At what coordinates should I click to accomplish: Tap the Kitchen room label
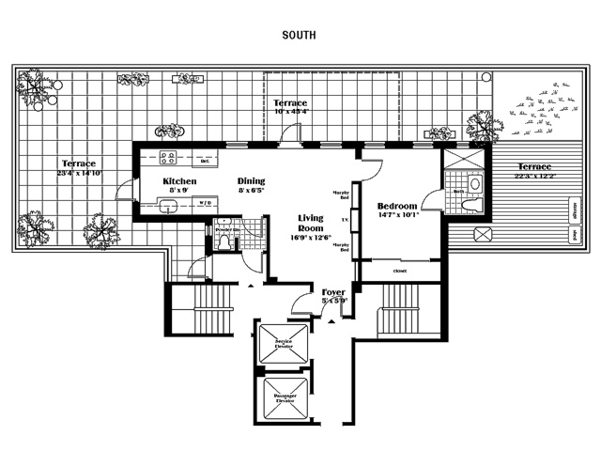[x=178, y=181]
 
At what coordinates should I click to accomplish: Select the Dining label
[x=251, y=181]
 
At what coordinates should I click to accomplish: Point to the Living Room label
[x=310, y=223]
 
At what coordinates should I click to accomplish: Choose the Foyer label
[x=333, y=293]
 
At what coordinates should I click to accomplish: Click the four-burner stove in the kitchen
[x=169, y=158]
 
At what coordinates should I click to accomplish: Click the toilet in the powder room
[x=222, y=242]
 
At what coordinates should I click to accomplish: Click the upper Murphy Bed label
[x=341, y=195]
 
